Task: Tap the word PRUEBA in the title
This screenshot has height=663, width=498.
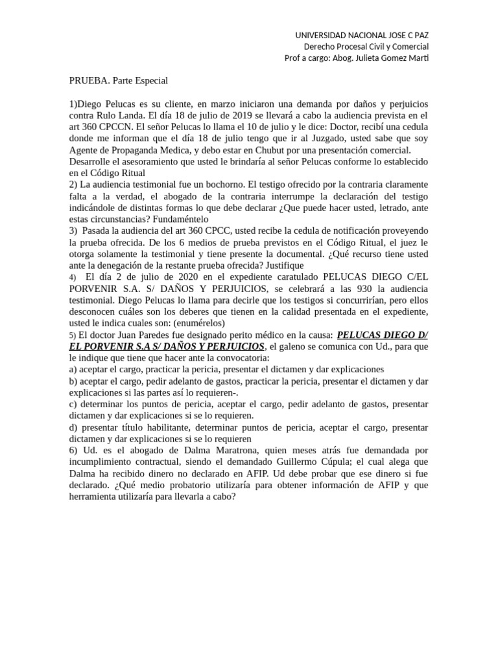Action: coord(89,81)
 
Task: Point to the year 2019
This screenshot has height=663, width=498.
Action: coord(238,116)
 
